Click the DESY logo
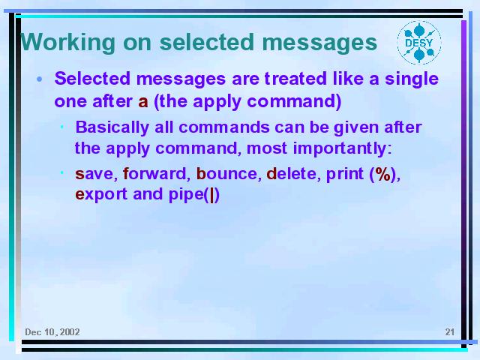pyautogui.click(x=419, y=43)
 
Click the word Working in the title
pyautogui.click(x=68, y=43)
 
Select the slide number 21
pyautogui.click(x=450, y=331)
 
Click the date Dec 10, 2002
pyautogui.click(x=52, y=332)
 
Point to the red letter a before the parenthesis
pyautogui.click(x=143, y=102)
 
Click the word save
pyautogui.click(x=94, y=174)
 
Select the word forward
pyautogui.click(x=154, y=173)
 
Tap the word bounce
pyautogui.click(x=226, y=173)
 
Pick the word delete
pyautogui.click(x=291, y=173)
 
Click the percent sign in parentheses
pyautogui.click(x=382, y=174)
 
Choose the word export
pyautogui.click(x=101, y=195)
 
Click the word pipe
pyautogui.click(x=186, y=195)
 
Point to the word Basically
pyautogui.click(x=112, y=127)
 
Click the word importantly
pyautogui.click(x=340, y=148)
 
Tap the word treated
pyautogui.click(x=295, y=78)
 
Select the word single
pyautogui.click(x=412, y=79)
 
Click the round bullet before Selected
pyautogui.click(x=39, y=79)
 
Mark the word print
pyautogui.click(x=345, y=175)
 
